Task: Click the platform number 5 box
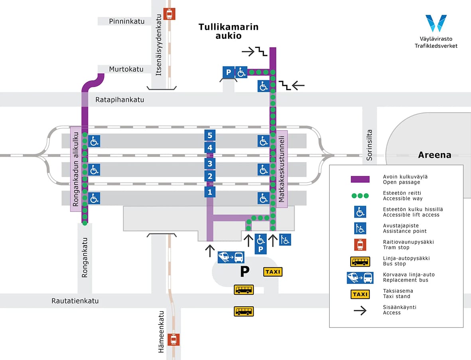point(210,135)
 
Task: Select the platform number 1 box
point(210,192)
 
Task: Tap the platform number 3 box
point(210,163)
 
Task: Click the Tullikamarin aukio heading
point(229,31)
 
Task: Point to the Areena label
point(434,155)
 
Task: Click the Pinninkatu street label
point(127,21)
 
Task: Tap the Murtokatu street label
point(126,69)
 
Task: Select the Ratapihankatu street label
point(120,100)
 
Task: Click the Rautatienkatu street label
point(75,301)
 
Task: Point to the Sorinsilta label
point(369,144)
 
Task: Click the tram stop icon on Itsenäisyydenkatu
point(169,14)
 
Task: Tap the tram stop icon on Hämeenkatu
point(173,340)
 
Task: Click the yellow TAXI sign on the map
point(273,272)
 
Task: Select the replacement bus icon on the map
point(231,257)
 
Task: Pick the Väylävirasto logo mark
point(436,24)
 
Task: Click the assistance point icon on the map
point(285,239)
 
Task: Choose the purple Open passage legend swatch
point(360,179)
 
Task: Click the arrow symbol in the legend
point(360,310)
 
